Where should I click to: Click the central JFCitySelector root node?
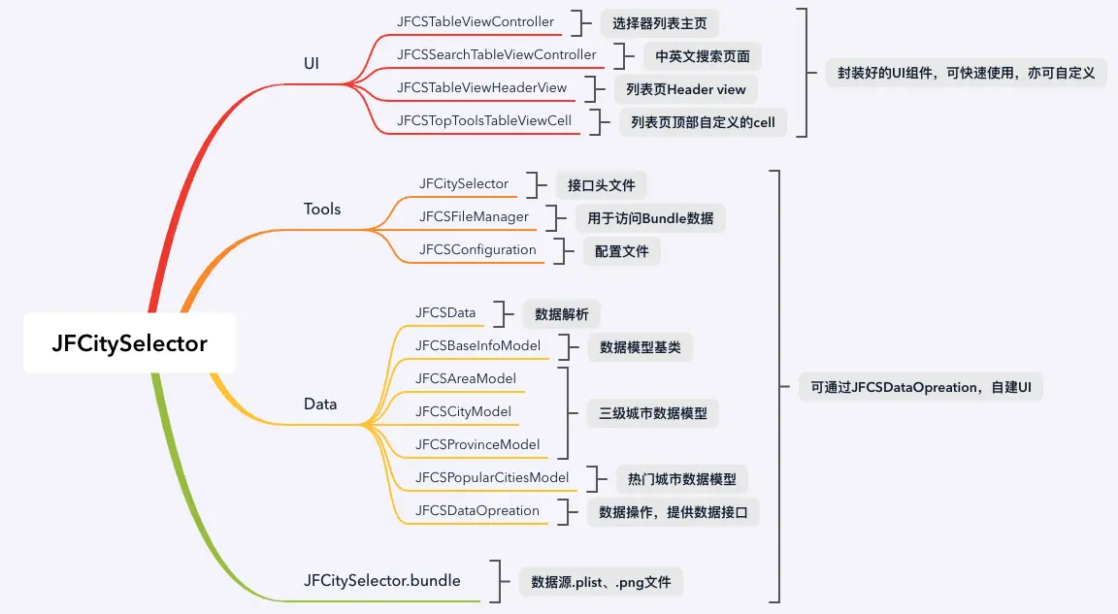pyautogui.click(x=130, y=343)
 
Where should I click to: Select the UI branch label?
pyautogui.click(x=312, y=63)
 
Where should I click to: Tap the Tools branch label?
pyautogui.click(x=322, y=209)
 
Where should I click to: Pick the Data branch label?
pyautogui.click(x=320, y=404)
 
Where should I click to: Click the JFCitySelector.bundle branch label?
pyautogui.click(x=382, y=581)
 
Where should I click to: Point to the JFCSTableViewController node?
pyautogui.click(x=476, y=21)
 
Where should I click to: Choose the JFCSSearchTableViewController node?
pyautogui.click(x=497, y=54)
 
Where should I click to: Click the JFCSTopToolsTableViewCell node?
pyautogui.click(x=484, y=120)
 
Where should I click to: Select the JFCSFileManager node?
pyautogui.click(x=475, y=216)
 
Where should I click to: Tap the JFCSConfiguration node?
pyautogui.click(x=477, y=249)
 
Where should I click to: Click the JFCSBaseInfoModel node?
pyautogui.click(x=477, y=345)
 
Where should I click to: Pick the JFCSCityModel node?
pyautogui.click(x=463, y=411)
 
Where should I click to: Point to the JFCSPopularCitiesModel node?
pyautogui.click(x=492, y=477)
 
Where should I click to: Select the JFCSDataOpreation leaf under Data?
pyautogui.click(x=477, y=510)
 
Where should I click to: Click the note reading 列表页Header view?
pyautogui.click(x=686, y=89)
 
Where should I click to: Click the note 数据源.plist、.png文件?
pyautogui.click(x=601, y=582)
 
